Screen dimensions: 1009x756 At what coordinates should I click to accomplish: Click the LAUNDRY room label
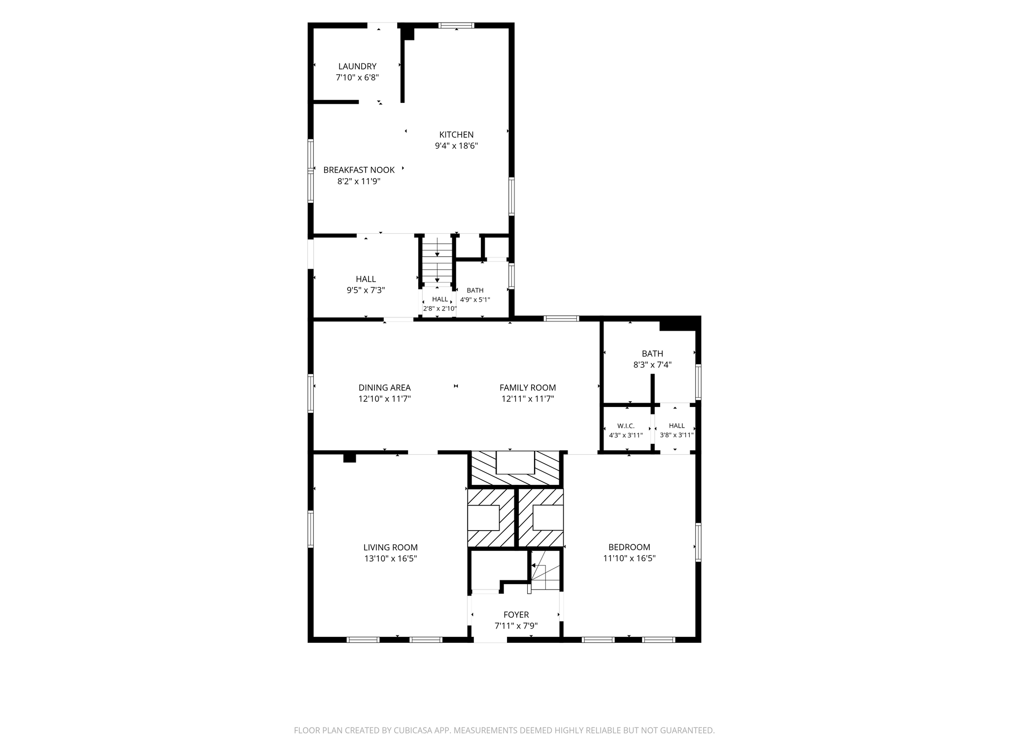tap(357, 66)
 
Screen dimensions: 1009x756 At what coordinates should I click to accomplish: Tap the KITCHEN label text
tap(456, 134)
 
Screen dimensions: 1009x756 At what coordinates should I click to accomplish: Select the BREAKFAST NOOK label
tap(359, 170)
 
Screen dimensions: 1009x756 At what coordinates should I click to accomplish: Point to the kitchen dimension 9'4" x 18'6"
tap(456, 146)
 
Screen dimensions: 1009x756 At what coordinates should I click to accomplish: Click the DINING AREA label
tap(384, 388)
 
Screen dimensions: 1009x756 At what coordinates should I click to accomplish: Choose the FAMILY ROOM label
tap(528, 388)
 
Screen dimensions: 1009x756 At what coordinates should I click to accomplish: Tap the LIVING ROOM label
tap(390, 547)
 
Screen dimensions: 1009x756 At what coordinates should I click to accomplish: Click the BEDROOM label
tap(629, 547)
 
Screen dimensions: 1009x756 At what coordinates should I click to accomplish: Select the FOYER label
tap(516, 615)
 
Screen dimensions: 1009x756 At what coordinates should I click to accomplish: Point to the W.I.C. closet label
tap(626, 426)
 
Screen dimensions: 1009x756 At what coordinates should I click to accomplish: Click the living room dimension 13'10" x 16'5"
tap(390, 559)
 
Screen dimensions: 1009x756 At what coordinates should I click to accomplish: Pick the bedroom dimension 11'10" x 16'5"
tap(629, 558)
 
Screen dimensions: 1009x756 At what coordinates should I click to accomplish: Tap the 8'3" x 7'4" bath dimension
tap(652, 365)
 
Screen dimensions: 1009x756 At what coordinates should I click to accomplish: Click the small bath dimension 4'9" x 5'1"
tap(475, 299)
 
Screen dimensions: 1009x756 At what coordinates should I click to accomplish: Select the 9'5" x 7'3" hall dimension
tap(366, 290)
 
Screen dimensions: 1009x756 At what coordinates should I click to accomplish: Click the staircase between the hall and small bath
tap(437, 260)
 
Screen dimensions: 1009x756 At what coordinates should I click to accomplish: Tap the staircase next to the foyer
tap(545, 571)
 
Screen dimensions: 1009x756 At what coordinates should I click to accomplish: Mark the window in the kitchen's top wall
tap(456, 26)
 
